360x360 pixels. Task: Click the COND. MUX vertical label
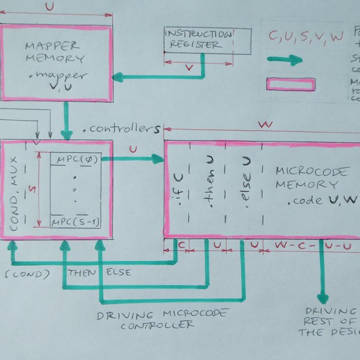point(17,190)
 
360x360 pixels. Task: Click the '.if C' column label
point(178,188)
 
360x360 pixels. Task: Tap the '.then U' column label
point(209,185)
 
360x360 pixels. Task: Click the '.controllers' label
point(122,128)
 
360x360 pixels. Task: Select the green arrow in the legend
point(285,60)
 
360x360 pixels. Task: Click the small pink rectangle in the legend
point(291,85)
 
